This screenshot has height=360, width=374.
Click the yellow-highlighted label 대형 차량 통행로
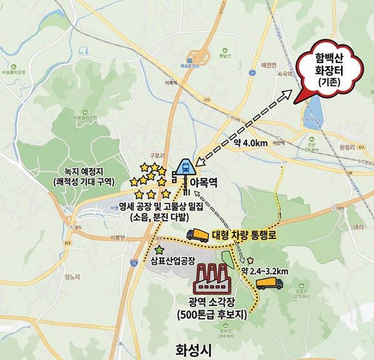click(x=244, y=236)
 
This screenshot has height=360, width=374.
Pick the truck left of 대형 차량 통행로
click(x=197, y=236)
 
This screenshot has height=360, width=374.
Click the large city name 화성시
click(x=193, y=349)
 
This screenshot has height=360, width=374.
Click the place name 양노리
click(x=72, y=278)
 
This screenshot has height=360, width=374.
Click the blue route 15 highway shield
click(x=133, y=263)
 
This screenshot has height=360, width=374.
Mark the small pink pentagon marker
click(x=250, y=261)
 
